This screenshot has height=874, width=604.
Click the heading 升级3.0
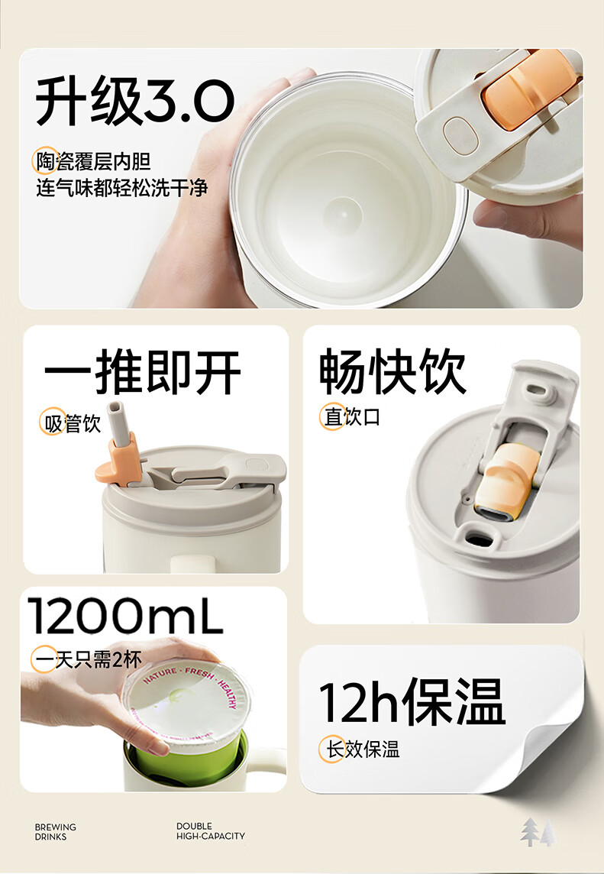[x=135, y=102]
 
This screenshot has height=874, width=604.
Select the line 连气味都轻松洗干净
[x=122, y=188]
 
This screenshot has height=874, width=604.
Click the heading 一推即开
[x=143, y=373]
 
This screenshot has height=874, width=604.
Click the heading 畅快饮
[x=392, y=373]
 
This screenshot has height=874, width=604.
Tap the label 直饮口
[x=352, y=417]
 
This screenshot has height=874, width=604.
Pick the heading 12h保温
[x=412, y=701]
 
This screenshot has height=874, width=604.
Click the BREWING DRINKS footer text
[x=56, y=832]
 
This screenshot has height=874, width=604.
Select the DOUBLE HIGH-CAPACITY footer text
[x=211, y=831]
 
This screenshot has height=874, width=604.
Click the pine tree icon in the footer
[x=538, y=832]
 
